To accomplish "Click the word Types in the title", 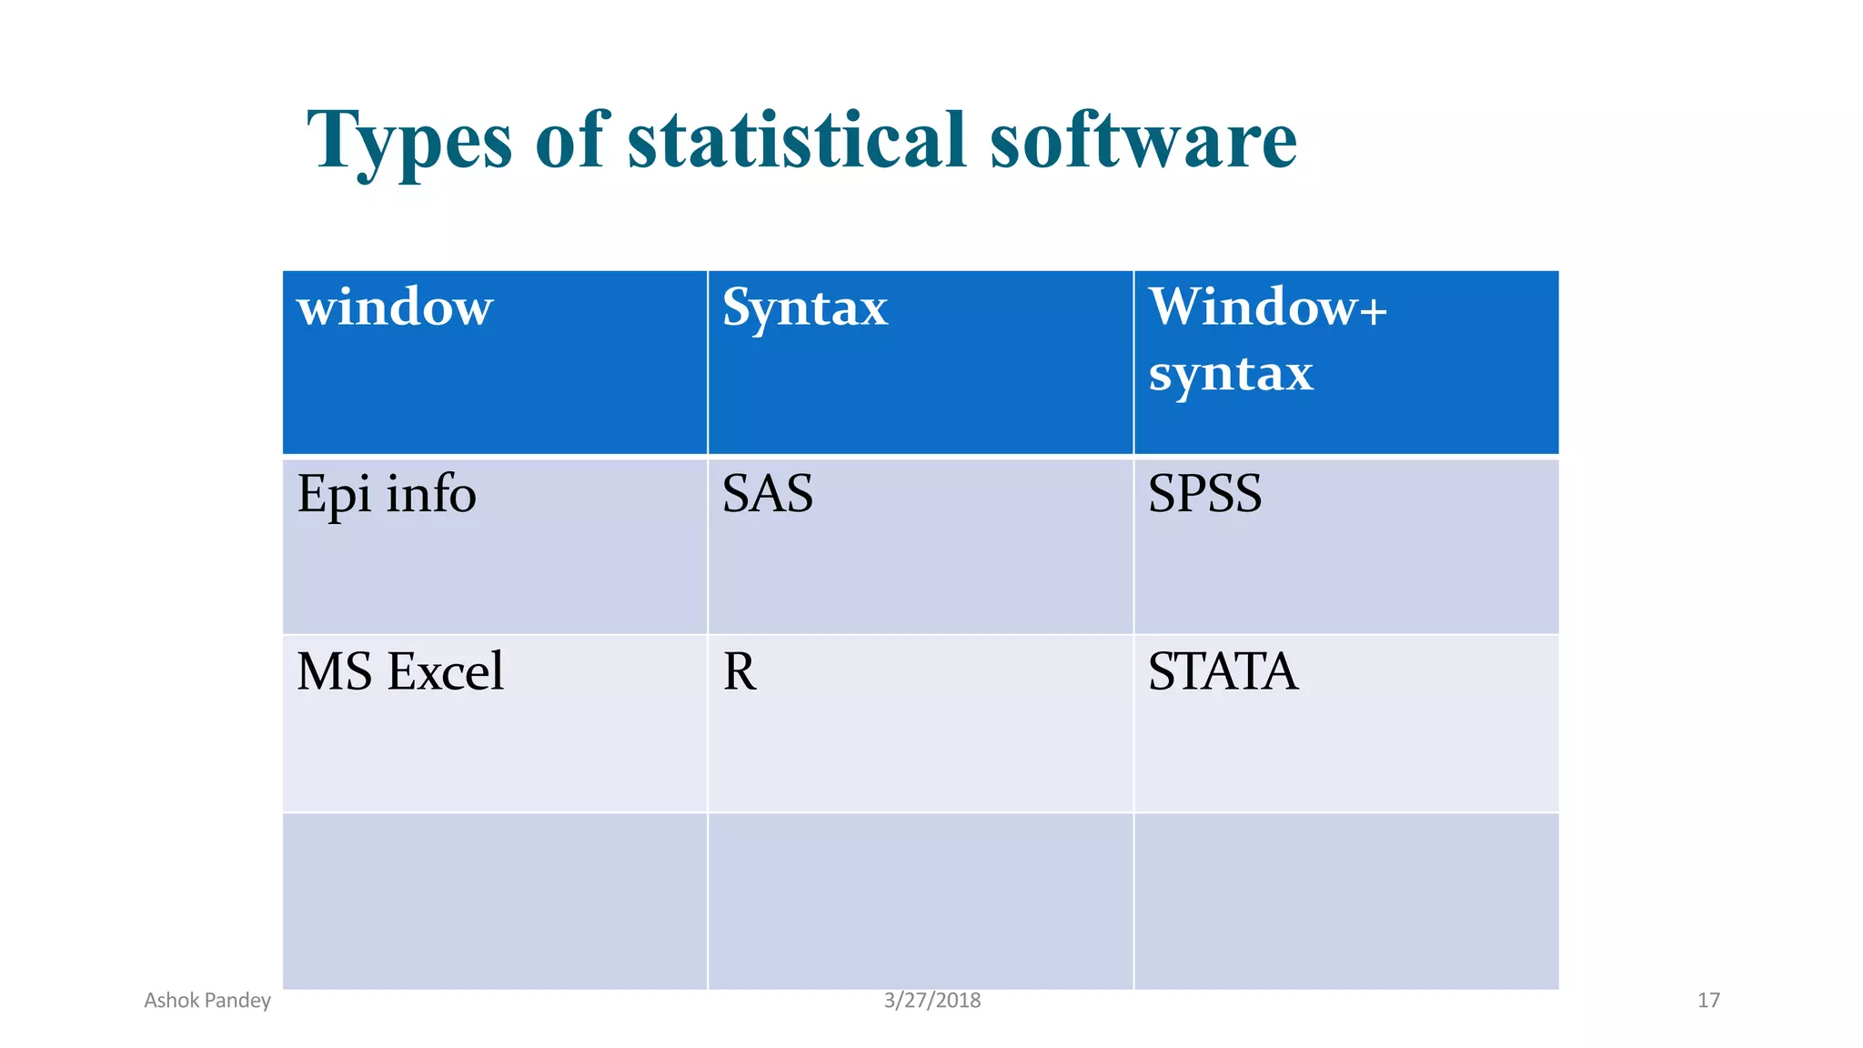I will pos(409,141).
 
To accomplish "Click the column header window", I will pos(395,307).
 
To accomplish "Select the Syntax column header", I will pos(804,307).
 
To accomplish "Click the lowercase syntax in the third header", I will pos(1230,373).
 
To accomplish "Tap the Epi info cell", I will pos(387,495).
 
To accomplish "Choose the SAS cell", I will pos(767,495).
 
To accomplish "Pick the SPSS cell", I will pos(1204,495).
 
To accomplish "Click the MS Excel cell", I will pos(400,672).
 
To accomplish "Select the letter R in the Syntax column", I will pos(739,672).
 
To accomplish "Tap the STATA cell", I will pos(1223,672).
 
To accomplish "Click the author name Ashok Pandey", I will pos(207,1001).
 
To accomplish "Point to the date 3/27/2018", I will pos(932,1001).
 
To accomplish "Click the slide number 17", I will pos(1708,1001).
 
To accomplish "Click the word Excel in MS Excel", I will pos(445,672).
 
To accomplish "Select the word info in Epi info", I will pos(430,495).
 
